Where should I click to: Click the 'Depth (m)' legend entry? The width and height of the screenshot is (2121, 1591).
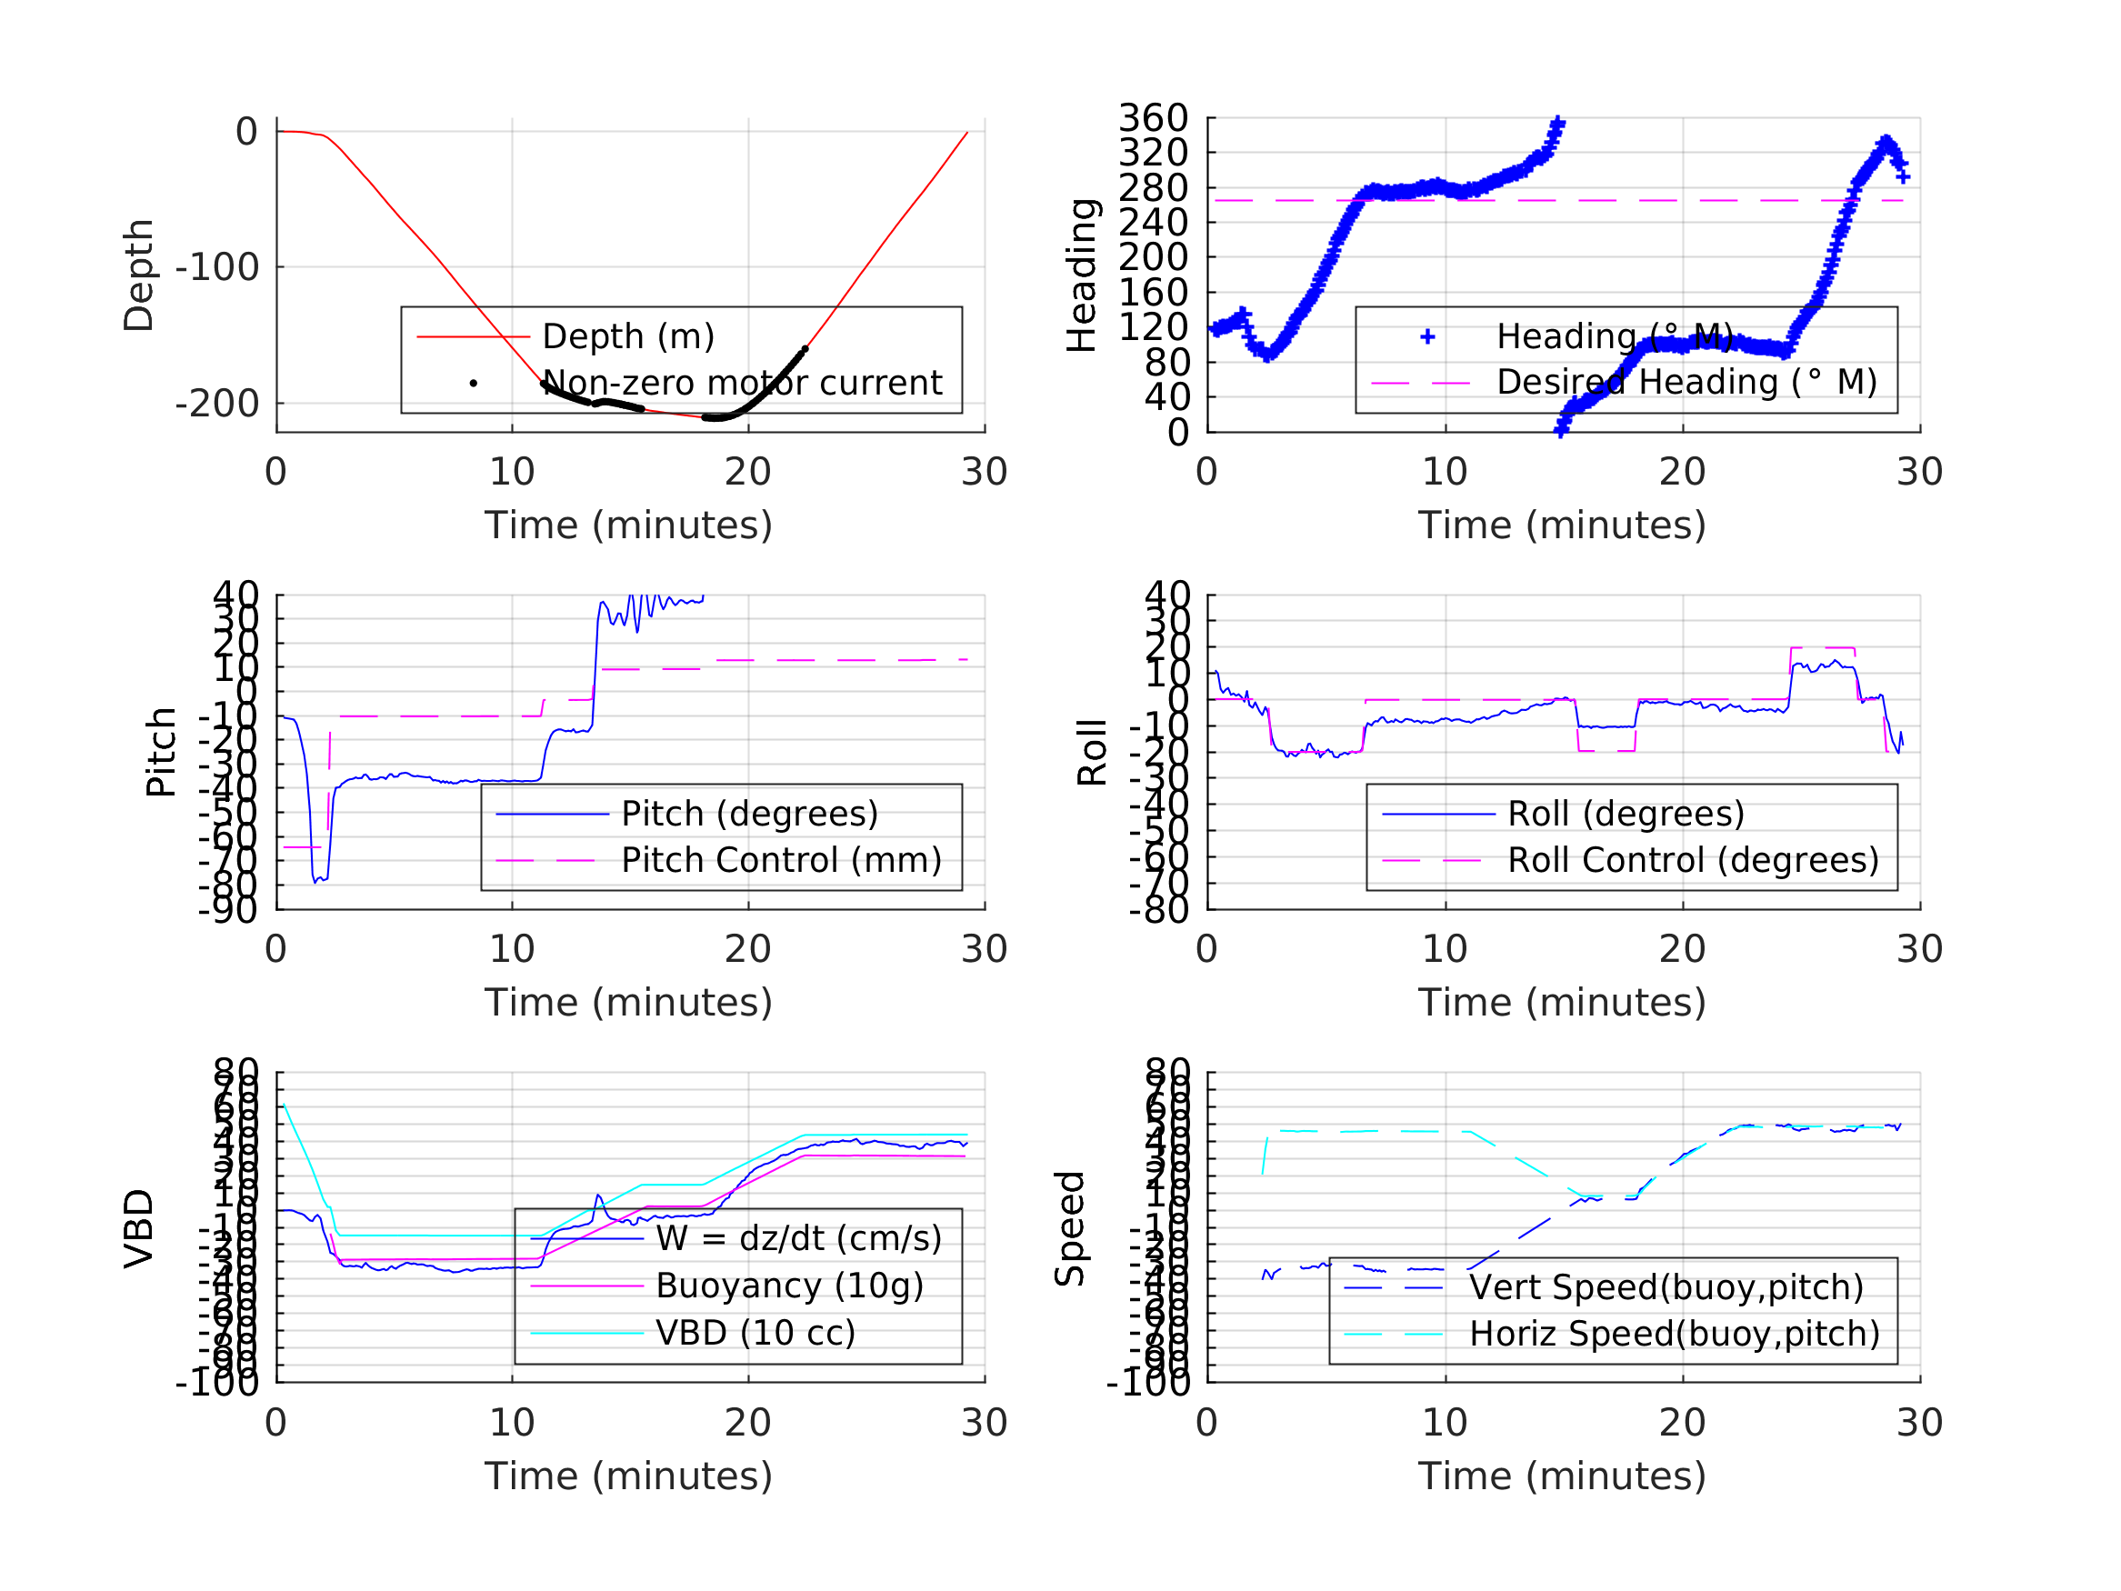(x=628, y=336)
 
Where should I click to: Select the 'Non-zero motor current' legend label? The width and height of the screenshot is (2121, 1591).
(x=741, y=383)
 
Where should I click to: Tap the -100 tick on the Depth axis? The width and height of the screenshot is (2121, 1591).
(x=216, y=267)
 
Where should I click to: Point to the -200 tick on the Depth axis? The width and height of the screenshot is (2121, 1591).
(x=216, y=404)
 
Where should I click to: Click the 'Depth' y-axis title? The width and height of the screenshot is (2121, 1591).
(x=139, y=275)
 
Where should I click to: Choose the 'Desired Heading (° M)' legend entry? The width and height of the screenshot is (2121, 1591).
(x=1686, y=382)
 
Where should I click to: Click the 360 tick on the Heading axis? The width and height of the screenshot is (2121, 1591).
(x=1153, y=118)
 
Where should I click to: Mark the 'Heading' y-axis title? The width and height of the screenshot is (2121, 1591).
(x=1082, y=275)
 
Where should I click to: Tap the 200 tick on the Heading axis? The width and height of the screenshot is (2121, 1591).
(x=1153, y=257)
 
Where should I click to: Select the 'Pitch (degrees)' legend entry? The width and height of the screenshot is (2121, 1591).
(x=749, y=814)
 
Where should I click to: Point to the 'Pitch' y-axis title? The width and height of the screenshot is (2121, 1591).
(x=161, y=752)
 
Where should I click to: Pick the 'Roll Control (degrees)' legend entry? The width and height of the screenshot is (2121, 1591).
(x=1693, y=860)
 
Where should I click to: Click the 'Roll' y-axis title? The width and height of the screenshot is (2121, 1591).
(x=1092, y=752)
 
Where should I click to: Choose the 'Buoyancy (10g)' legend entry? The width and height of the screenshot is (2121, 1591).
(x=789, y=1286)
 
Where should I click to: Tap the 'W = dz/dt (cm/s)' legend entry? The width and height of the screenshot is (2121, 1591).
(x=799, y=1239)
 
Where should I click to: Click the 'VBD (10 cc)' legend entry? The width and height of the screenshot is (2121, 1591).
(x=755, y=1333)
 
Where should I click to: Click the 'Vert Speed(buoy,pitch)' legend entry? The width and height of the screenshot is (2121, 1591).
(x=1666, y=1287)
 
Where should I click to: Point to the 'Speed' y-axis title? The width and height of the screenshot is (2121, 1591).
(x=1070, y=1227)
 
